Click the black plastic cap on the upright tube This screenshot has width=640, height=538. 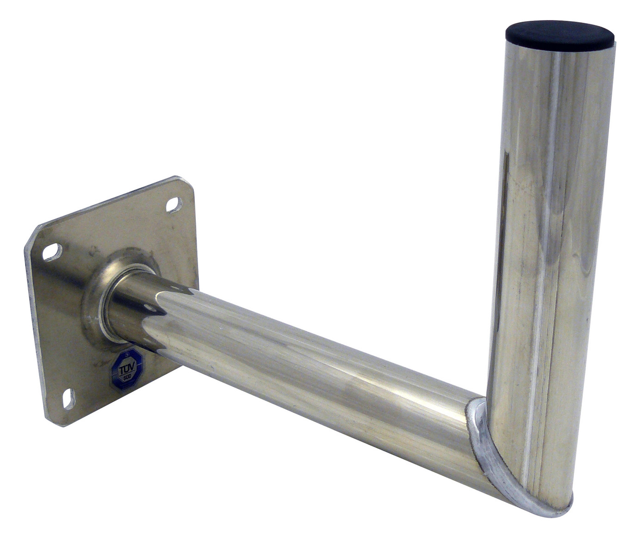click(x=559, y=32)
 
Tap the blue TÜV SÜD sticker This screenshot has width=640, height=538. click(x=126, y=369)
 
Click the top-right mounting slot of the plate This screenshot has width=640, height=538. click(x=174, y=204)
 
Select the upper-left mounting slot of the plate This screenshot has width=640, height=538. click(x=52, y=251)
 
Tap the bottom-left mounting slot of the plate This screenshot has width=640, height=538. click(x=68, y=398)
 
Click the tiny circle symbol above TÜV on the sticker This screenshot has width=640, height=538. click(x=126, y=356)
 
